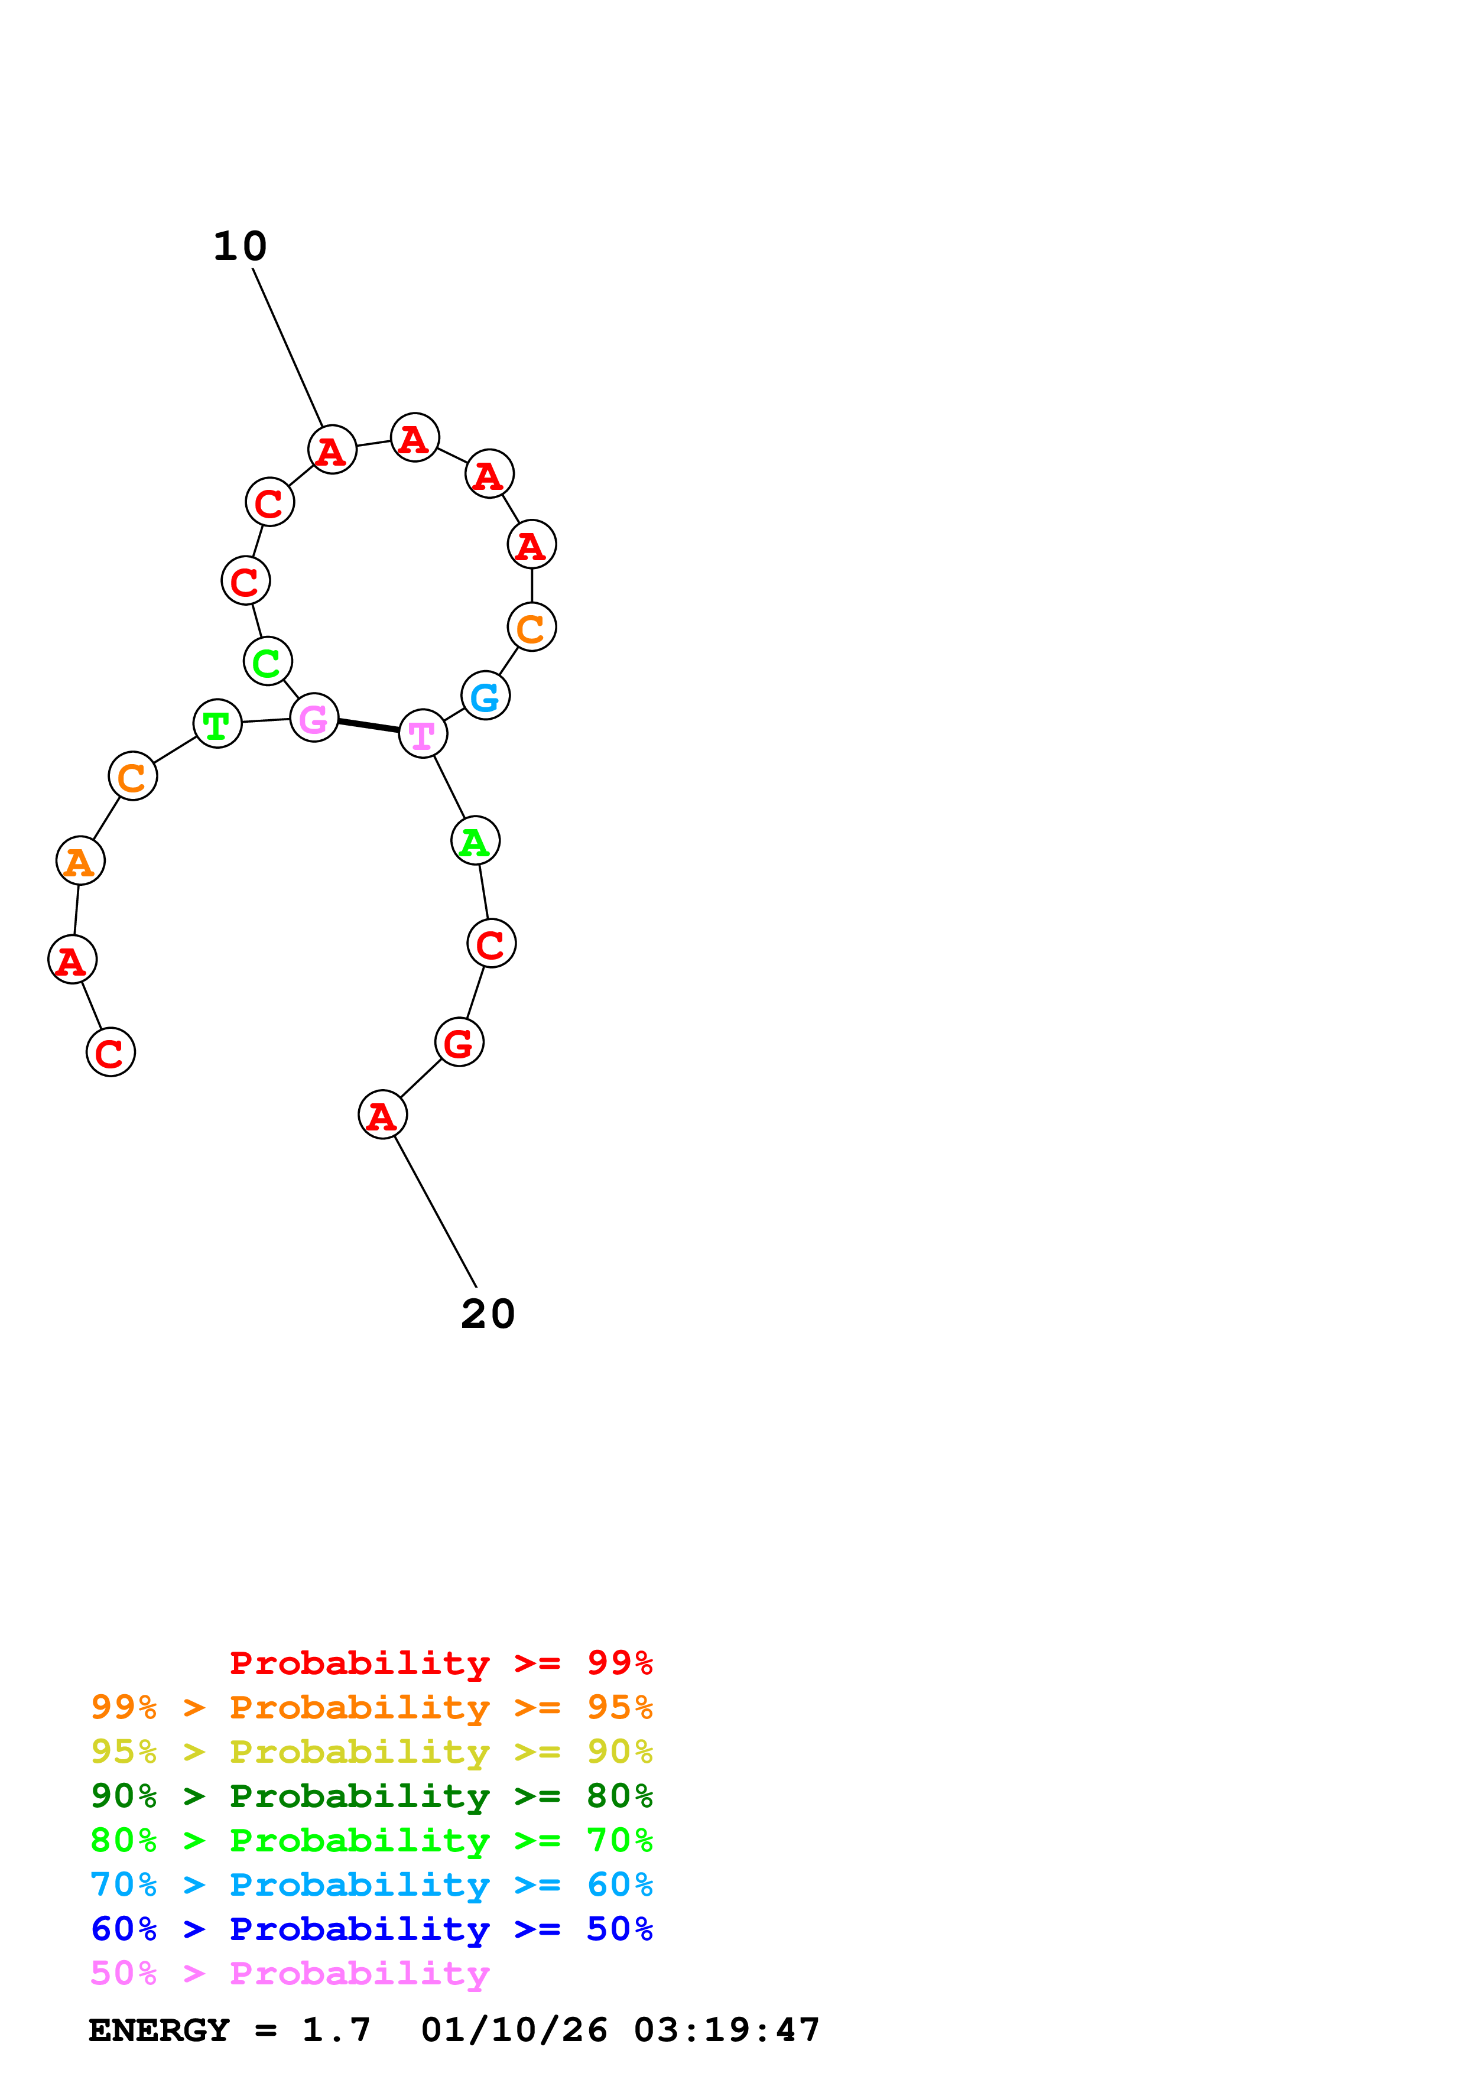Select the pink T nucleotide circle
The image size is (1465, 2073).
tap(423, 733)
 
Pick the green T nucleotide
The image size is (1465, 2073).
tap(217, 723)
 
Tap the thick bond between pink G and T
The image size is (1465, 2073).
tap(368, 726)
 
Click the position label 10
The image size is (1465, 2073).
tap(240, 246)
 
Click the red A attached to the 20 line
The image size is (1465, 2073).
tap(383, 1115)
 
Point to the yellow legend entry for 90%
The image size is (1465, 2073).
tap(371, 1751)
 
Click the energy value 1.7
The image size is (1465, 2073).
tap(336, 2030)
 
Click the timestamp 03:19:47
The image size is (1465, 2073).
tap(727, 2030)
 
